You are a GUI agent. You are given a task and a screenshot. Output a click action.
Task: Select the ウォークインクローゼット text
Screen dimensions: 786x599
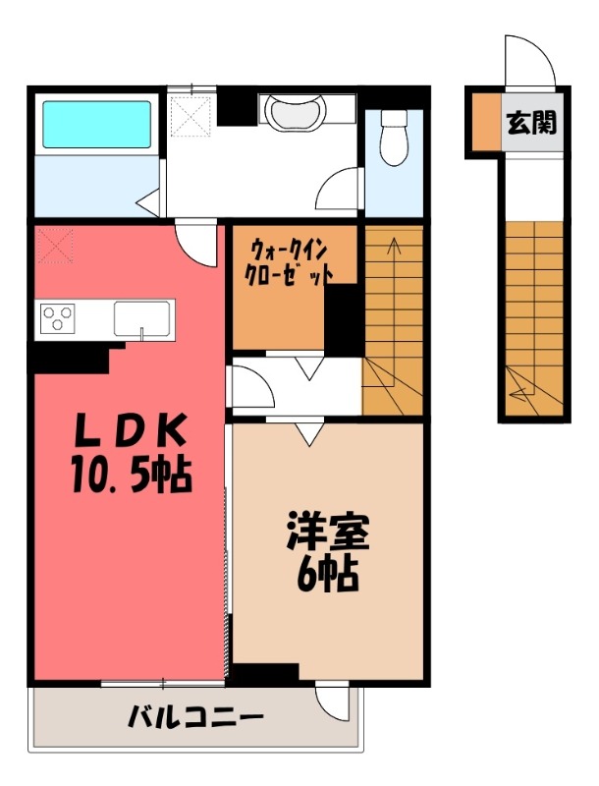click(x=287, y=262)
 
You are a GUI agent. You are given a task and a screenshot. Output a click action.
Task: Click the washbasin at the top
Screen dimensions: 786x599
click(x=292, y=112)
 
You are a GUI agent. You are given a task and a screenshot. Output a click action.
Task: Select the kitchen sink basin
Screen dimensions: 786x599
click(x=143, y=318)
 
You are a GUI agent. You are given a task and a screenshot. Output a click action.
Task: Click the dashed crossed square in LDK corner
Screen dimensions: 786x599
click(x=57, y=247)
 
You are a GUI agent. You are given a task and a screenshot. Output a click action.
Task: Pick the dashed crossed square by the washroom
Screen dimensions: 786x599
click(x=192, y=116)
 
